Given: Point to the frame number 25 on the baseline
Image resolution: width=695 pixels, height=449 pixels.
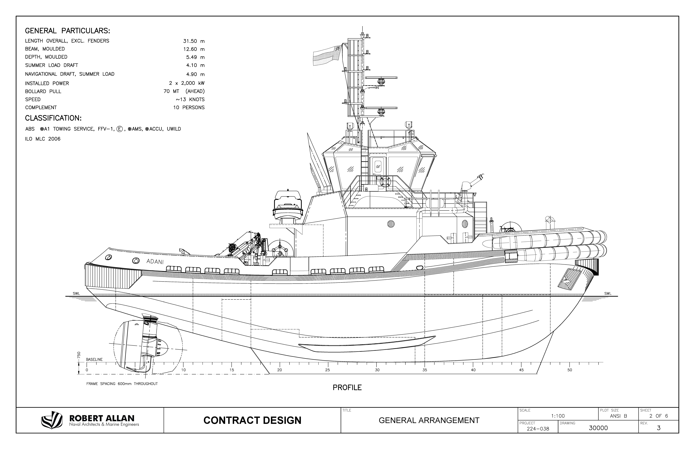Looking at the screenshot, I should pos(328,370).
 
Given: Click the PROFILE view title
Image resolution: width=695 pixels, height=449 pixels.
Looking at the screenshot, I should pos(347,387).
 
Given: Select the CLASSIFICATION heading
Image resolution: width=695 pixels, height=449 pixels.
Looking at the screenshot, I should pos(53,118).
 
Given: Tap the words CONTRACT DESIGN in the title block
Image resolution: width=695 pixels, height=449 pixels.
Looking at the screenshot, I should pos(252,420).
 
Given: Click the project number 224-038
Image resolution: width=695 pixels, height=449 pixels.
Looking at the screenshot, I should pos(538,429).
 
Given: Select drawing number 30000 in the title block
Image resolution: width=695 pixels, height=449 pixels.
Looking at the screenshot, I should pos(598,428).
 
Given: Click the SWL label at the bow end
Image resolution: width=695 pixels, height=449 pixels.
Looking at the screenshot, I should pos(608,294).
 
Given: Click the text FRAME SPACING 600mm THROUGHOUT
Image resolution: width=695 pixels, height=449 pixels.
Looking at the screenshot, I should pos(122,384).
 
